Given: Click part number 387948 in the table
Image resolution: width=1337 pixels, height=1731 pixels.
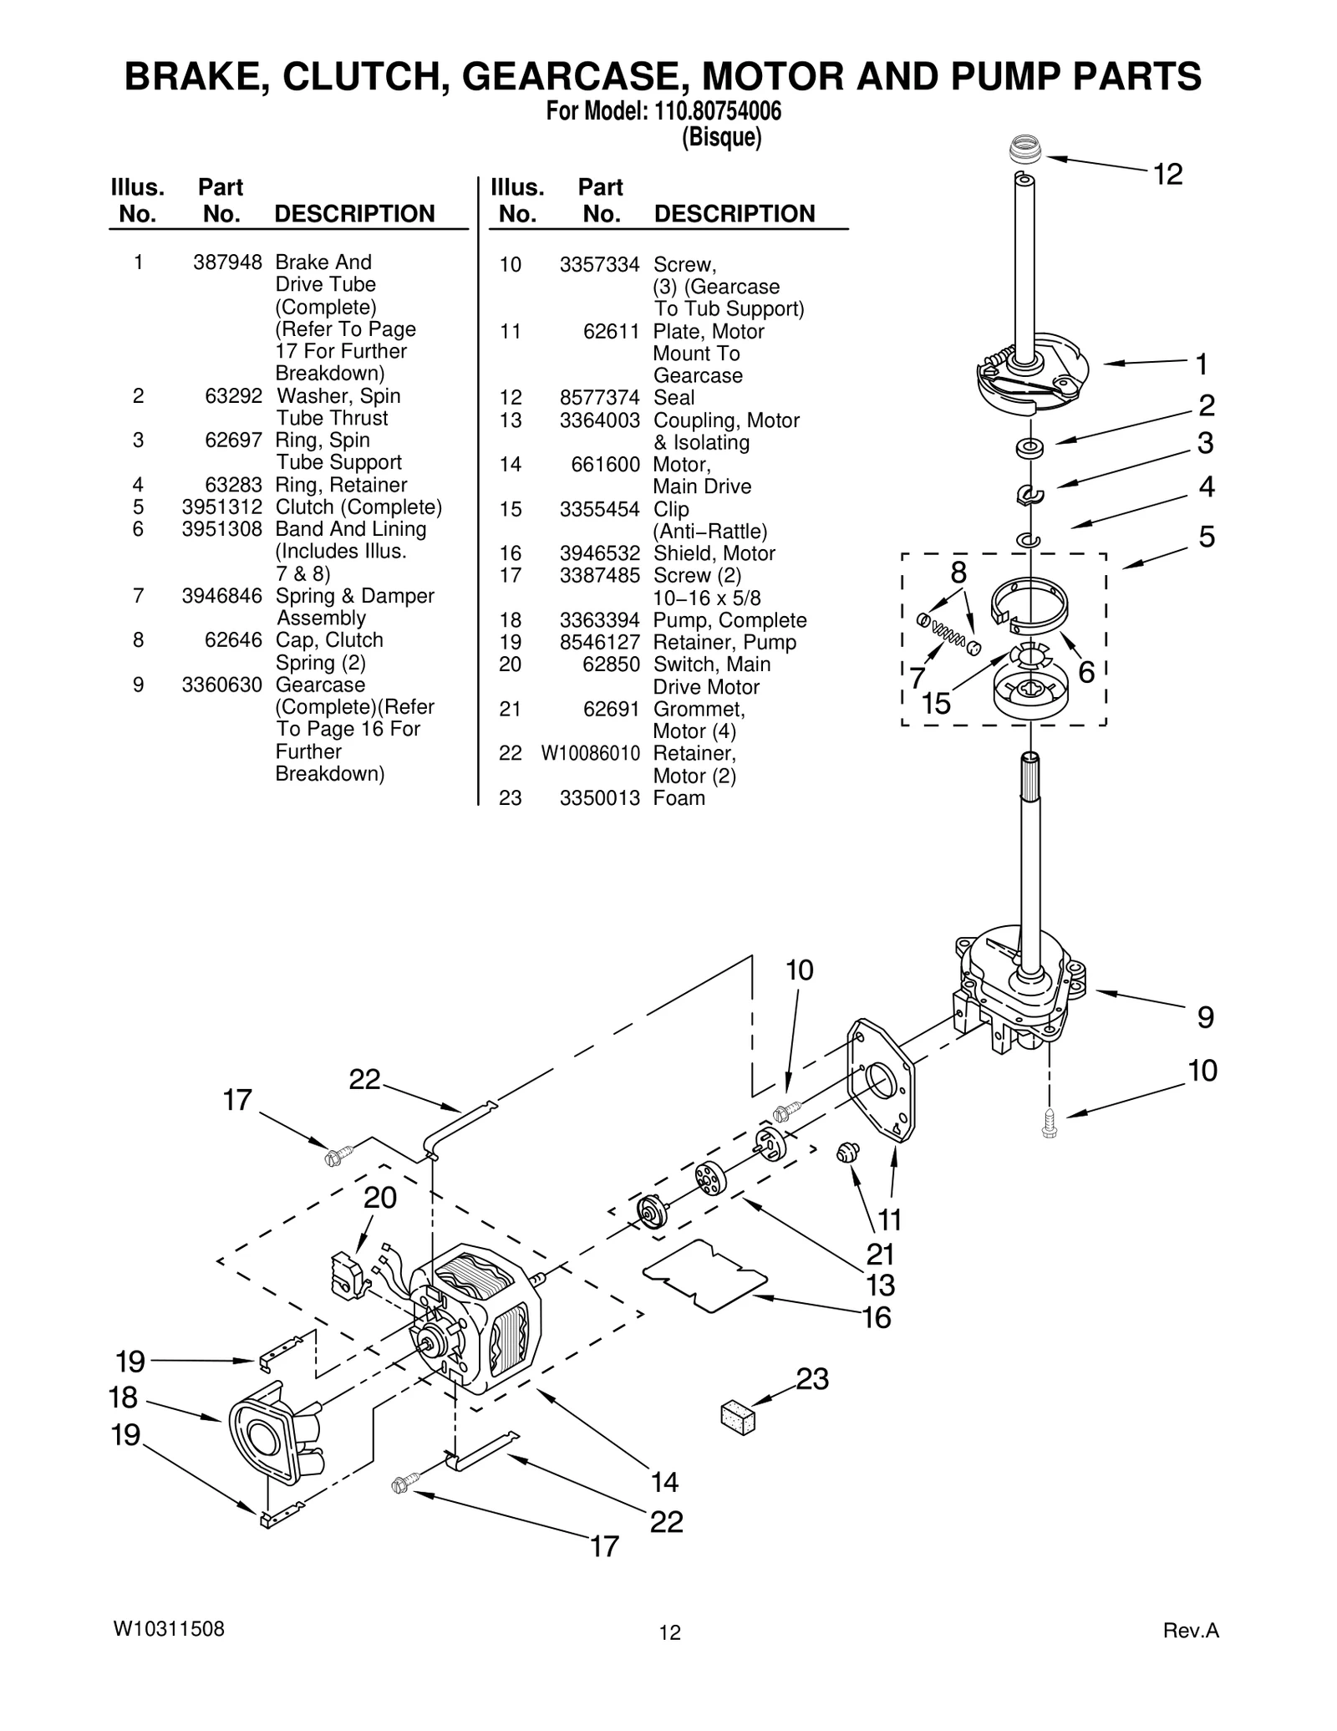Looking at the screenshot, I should pos(227,262).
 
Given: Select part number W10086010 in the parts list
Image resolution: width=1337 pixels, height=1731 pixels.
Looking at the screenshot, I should pos(590,754).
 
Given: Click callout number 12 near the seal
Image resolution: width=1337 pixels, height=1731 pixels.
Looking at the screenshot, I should pos(1167,175).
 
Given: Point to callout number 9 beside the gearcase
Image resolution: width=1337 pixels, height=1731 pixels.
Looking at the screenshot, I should pos(1205,1017).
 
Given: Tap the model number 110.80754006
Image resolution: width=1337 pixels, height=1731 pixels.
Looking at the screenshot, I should pos(714,111).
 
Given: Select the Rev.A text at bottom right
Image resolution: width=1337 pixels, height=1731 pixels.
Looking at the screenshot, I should pos(1191,1630).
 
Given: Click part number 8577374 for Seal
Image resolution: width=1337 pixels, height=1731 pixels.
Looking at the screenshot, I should pos(599,398).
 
